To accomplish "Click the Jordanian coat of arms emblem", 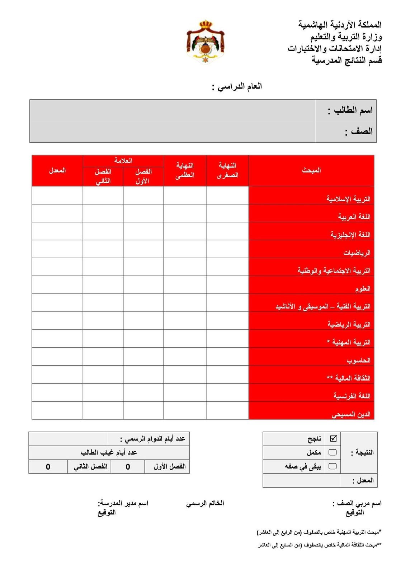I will [x=205, y=42].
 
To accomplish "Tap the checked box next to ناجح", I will [x=333, y=438].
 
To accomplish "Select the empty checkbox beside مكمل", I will [x=332, y=452].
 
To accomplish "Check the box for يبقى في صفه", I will [x=332, y=466].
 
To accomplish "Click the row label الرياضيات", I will [x=357, y=253].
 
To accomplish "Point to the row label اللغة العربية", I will [x=354, y=217].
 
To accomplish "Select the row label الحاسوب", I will [x=358, y=360].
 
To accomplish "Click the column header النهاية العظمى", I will [x=185, y=170].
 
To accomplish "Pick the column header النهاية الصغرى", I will [x=227, y=170].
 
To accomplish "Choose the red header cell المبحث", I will [x=311, y=170].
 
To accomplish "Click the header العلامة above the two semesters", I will [x=123, y=161].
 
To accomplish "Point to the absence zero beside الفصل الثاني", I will [x=48, y=467].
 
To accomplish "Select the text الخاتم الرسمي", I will [x=205, y=503].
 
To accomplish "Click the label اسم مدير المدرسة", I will [x=123, y=503].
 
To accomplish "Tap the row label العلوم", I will [x=363, y=289].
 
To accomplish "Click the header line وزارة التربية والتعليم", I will [x=346, y=37].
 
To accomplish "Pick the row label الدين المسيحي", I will [x=350, y=414].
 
